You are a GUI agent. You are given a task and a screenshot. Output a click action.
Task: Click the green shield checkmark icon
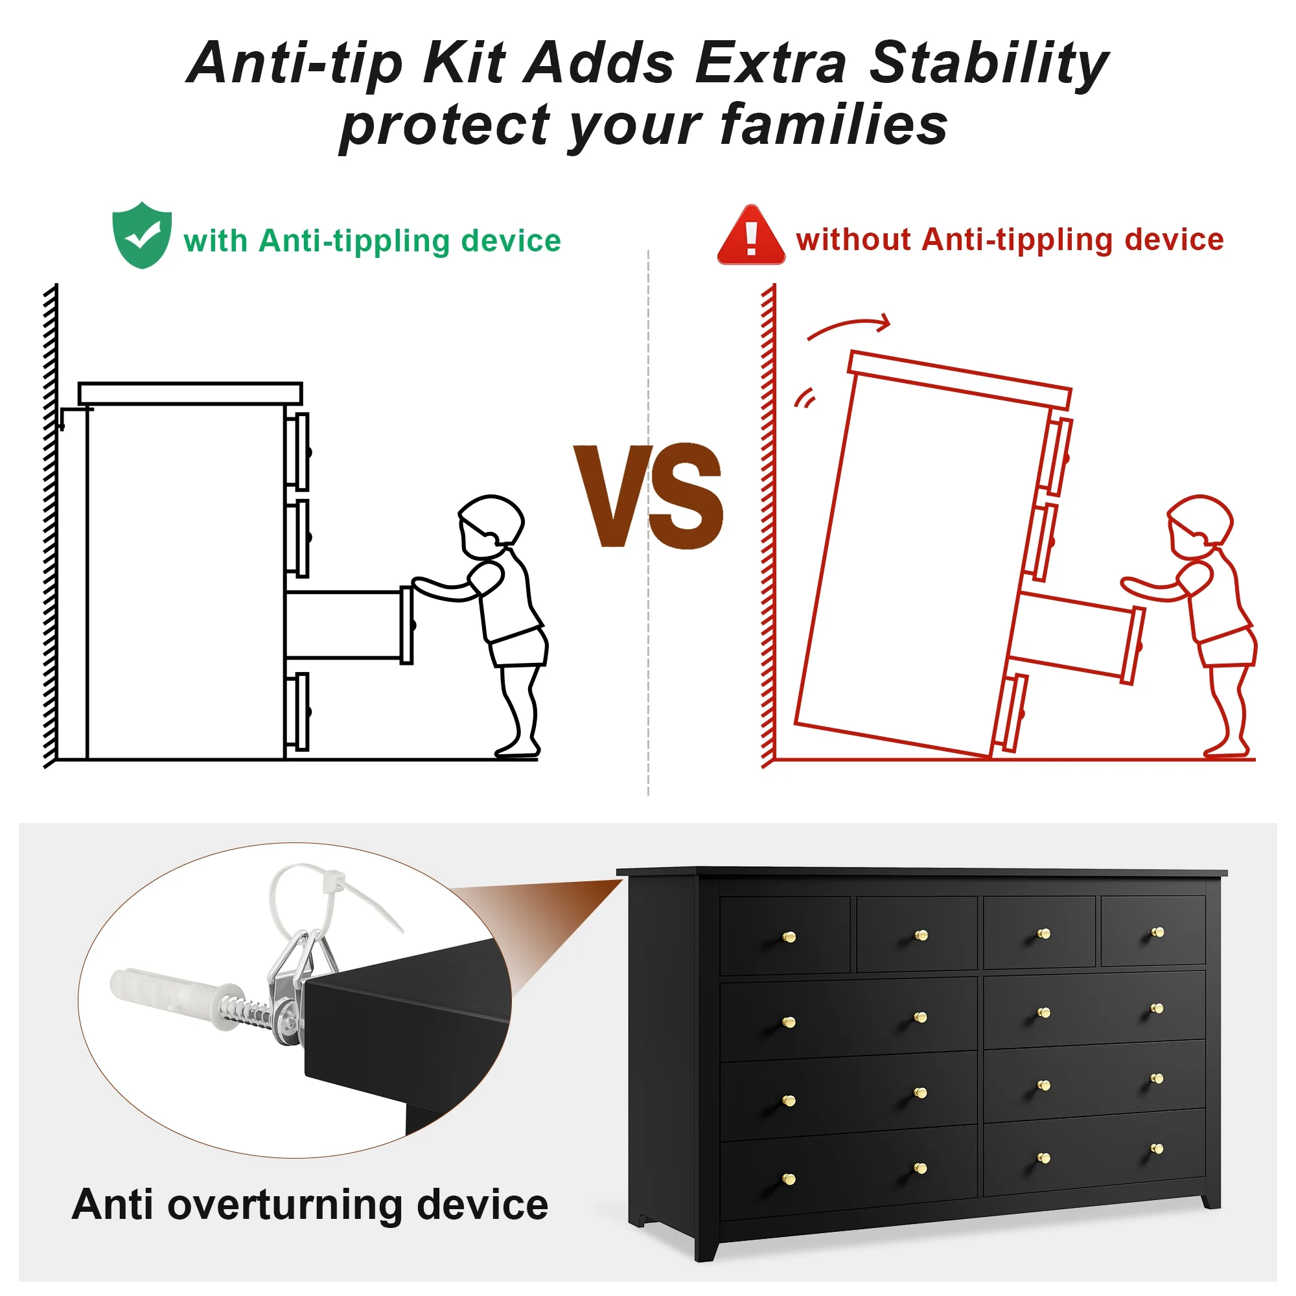point(142,235)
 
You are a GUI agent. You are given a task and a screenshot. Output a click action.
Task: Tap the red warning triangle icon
point(751,235)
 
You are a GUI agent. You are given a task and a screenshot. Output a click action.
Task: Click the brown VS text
point(649,496)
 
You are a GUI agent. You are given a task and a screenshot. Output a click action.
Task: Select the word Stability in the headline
point(989,64)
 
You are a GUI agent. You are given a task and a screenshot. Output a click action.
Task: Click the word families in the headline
point(834,125)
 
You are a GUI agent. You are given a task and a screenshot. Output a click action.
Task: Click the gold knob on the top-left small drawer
point(789,936)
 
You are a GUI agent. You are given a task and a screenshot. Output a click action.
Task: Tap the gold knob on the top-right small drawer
point(1157,932)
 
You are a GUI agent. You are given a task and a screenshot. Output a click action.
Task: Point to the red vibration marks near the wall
point(805,399)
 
